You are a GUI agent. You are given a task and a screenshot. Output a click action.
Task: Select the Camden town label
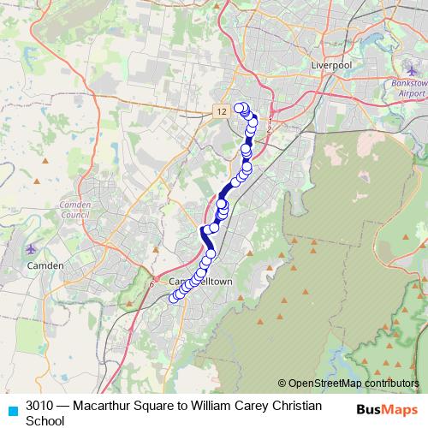(x=45, y=265)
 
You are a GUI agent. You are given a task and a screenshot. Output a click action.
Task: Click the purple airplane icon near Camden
(x=32, y=249)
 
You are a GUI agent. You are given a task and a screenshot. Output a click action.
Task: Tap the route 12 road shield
(x=222, y=111)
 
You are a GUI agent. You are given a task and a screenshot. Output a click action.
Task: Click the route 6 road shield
(x=152, y=284)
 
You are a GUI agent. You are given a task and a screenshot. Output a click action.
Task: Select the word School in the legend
(x=45, y=420)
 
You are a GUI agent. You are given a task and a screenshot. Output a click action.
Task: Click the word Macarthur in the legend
(x=104, y=405)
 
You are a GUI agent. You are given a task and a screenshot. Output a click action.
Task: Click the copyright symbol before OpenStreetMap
(x=282, y=383)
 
